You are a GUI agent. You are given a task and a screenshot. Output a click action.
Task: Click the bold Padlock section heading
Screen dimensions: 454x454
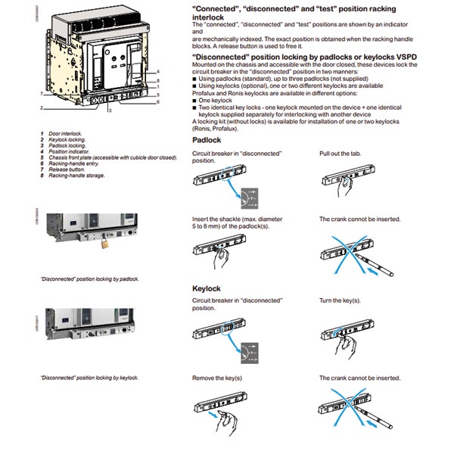207,141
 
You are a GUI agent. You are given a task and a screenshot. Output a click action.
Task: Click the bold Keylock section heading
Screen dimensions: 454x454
207,288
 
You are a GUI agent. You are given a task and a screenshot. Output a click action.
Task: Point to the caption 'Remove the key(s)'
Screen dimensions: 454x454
218,378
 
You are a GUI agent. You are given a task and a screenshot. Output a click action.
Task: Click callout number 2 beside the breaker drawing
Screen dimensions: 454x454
42,108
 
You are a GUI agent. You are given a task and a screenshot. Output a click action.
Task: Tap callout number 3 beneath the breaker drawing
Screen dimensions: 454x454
109,110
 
